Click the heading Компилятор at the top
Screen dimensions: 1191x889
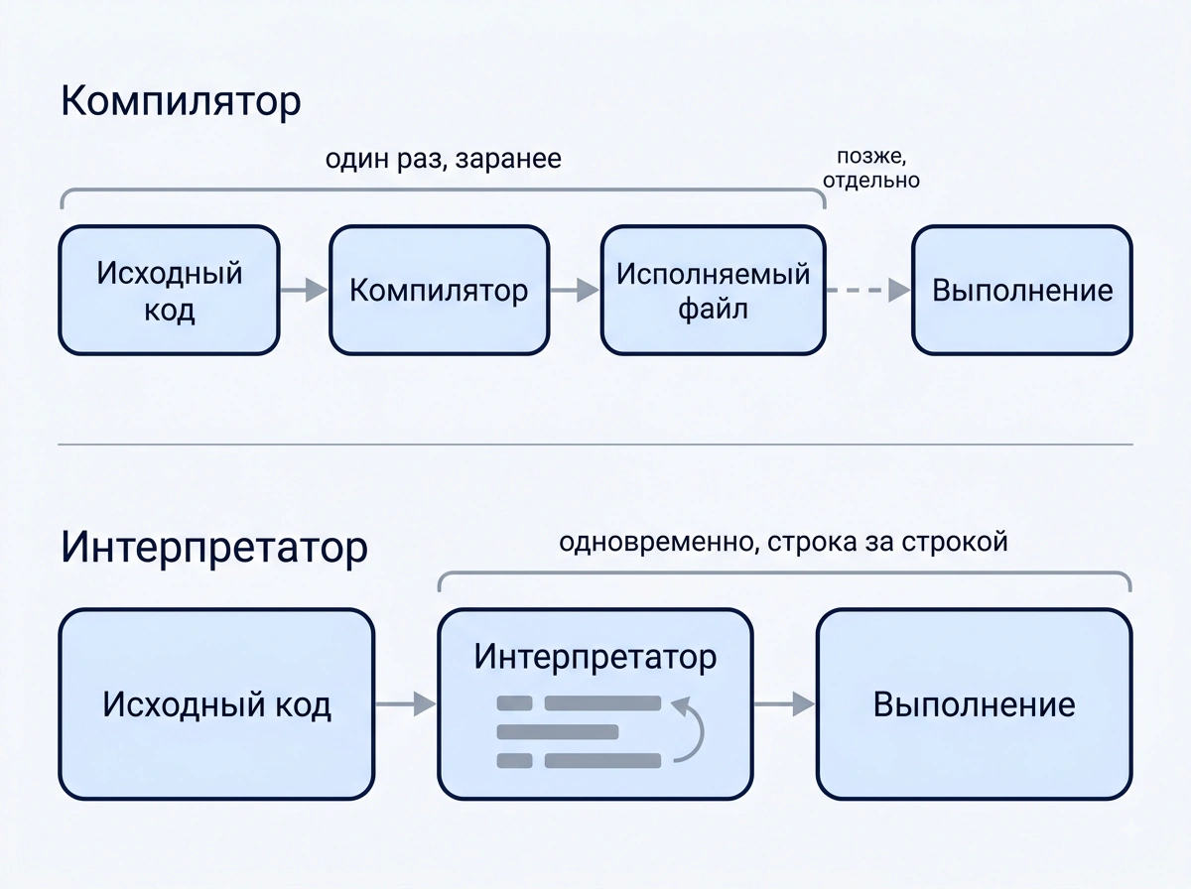click(x=181, y=101)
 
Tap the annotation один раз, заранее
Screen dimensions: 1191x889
click(x=444, y=160)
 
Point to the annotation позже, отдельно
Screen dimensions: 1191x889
click(x=870, y=168)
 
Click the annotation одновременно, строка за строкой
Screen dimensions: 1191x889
click(x=783, y=543)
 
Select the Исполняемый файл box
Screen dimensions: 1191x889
click(x=713, y=290)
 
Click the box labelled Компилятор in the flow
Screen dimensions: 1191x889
click(x=439, y=290)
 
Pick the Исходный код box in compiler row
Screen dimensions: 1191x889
click(x=170, y=290)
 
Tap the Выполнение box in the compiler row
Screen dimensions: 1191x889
click(x=1022, y=290)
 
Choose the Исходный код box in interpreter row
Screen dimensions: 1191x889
click(x=216, y=704)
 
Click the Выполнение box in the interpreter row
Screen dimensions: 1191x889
click(x=975, y=704)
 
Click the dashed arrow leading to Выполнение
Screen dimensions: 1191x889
click(x=868, y=290)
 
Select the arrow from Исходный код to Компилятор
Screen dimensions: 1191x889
click(x=305, y=290)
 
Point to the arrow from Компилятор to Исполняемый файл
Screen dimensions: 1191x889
click(x=575, y=290)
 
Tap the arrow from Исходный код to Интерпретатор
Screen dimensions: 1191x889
click(x=406, y=704)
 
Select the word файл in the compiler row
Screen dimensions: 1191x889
click(x=713, y=310)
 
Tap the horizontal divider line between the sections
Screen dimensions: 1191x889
click(x=595, y=444)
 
